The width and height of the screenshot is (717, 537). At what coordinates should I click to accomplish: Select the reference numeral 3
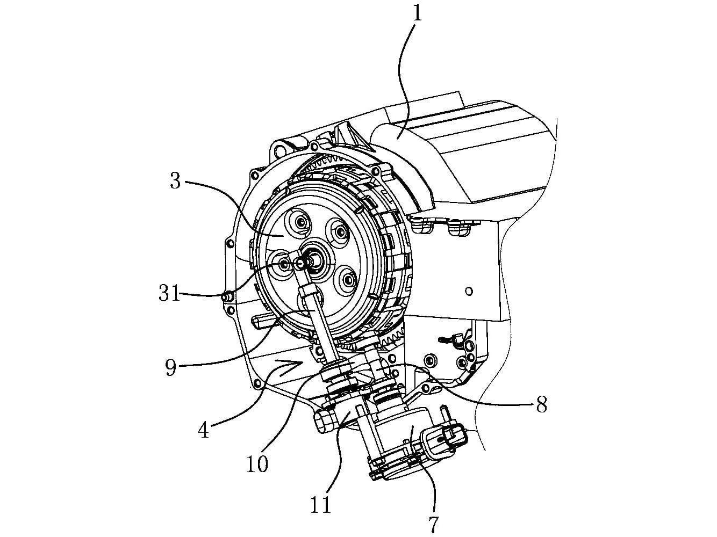(x=176, y=182)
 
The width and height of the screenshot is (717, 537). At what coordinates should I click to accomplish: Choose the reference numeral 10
(x=257, y=463)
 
